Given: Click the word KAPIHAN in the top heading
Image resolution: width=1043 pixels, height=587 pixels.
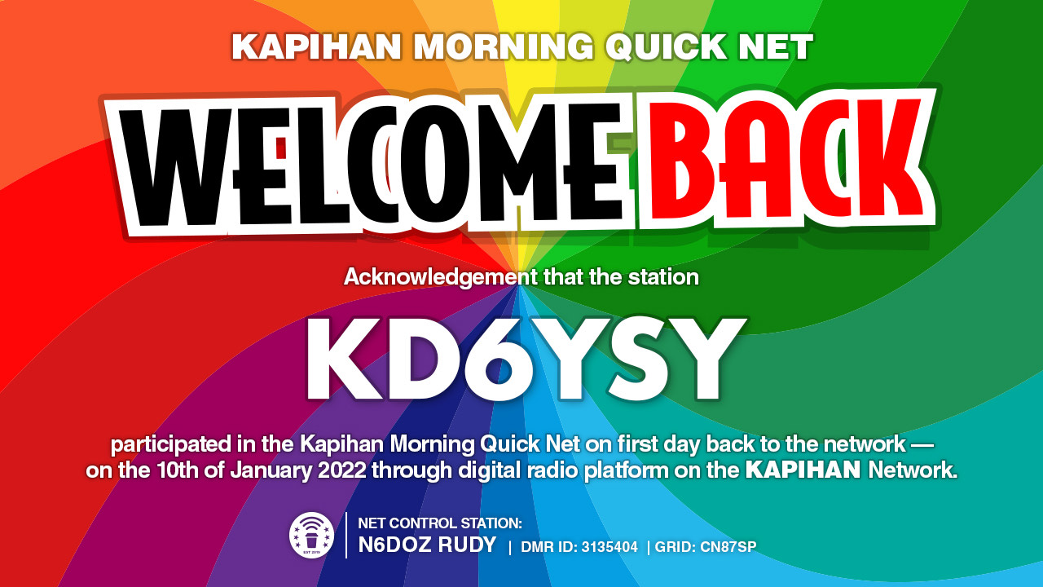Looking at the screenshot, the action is coord(316,46).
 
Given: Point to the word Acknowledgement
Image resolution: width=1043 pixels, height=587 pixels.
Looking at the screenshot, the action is coord(441,277).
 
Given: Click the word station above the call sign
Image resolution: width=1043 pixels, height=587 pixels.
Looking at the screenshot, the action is coord(663,276).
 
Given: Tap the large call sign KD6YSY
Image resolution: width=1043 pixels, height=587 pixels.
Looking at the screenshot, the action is coord(525,359).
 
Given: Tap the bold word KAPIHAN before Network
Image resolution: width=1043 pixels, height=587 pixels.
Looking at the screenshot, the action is coord(803,470).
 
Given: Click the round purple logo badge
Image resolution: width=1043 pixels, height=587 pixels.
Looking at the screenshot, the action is coord(311,535).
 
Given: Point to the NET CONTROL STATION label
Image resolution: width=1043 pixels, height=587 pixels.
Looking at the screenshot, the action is coord(439,523).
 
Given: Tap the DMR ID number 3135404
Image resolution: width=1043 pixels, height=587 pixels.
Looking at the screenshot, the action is coord(610,546).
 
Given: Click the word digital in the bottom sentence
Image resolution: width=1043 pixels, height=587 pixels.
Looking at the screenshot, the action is coord(490,470).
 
